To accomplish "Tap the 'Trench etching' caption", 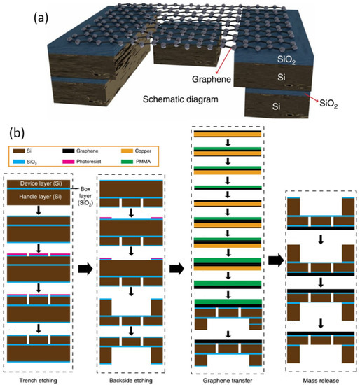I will pyautogui.click(x=47, y=378).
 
